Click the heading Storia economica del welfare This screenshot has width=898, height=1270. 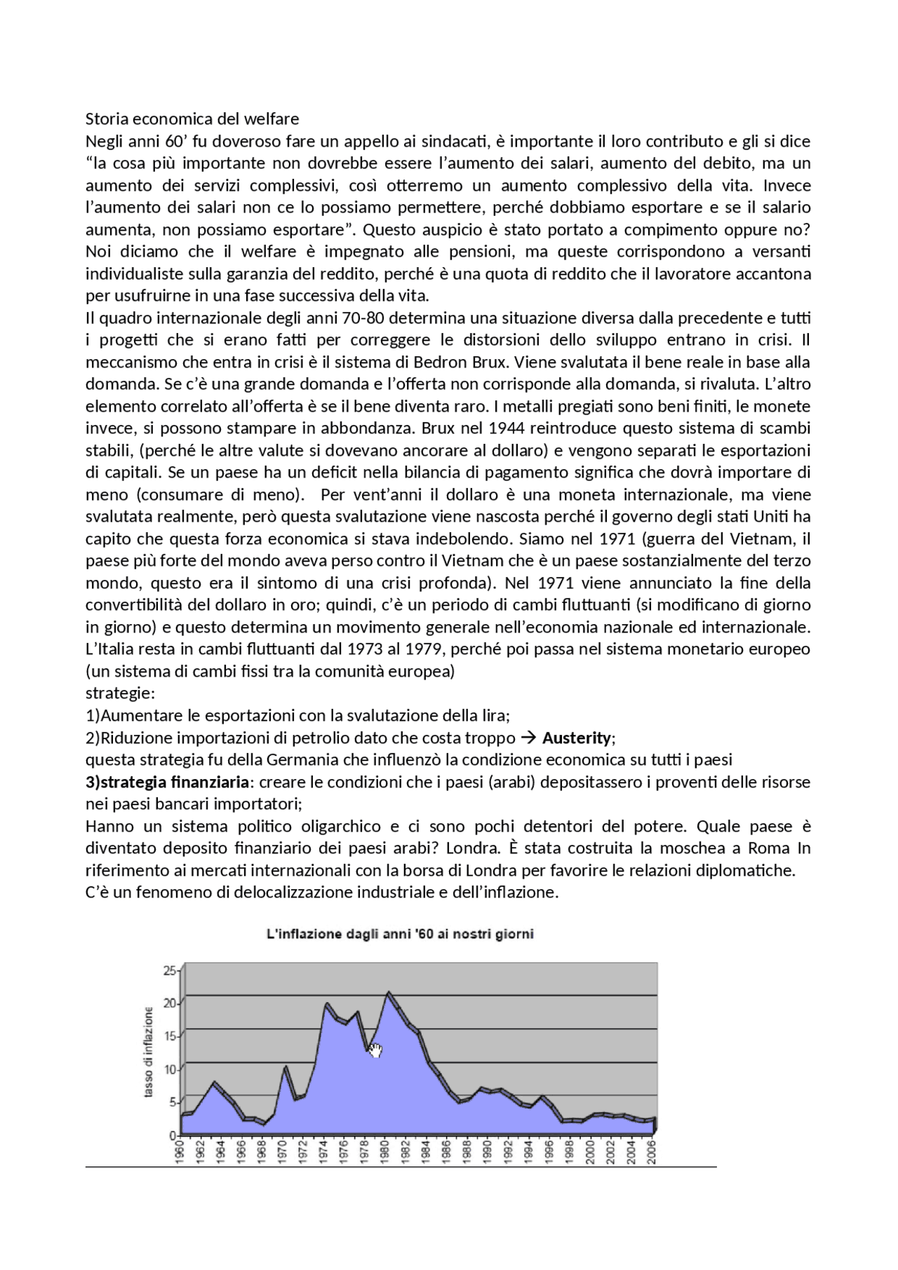coord(192,119)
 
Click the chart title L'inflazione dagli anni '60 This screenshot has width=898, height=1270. coord(400,934)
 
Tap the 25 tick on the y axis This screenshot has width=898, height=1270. coord(170,971)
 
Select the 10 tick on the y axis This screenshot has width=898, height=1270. coord(170,1069)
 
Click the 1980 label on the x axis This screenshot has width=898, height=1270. coord(384,1152)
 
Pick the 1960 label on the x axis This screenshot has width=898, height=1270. coord(180,1152)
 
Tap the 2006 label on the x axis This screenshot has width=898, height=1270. coord(651,1152)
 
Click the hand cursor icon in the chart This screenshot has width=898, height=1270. coord(375,1050)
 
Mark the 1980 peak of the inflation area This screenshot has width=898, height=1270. coord(389,993)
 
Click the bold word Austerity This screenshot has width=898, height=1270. coord(577,738)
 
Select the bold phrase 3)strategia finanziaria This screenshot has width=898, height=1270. coord(168,782)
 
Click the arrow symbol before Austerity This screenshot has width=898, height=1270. coord(530,738)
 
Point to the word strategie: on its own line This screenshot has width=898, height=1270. coord(120,694)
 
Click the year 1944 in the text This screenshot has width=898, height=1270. coord(507,428)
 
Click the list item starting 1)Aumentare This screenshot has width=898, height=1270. coord(297,716)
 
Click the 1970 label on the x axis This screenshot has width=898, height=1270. coord(282,1152)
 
